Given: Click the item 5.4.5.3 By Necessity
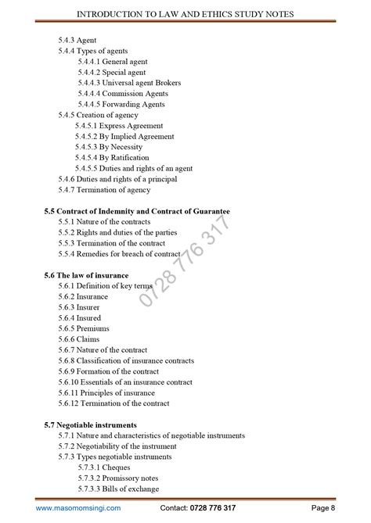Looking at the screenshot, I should pyautogui.click(x=109, y=147).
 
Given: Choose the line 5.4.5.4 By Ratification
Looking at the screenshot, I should pyautogui.click(x=112, y=157).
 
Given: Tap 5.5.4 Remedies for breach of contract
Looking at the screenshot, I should pyautogui.click(x=119, y=254).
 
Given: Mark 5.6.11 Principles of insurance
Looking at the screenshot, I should pyautogui.click(x=109, y=393).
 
